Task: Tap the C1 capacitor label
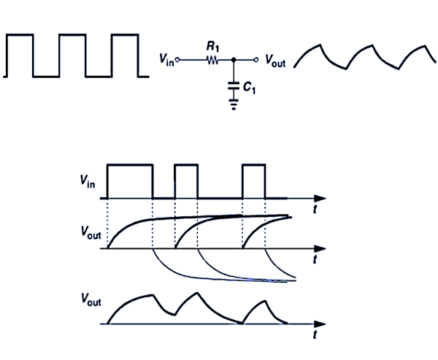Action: [x=249, y=88]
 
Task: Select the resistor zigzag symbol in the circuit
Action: [x=212, y=60]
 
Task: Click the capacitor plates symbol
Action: [x=233, y=85]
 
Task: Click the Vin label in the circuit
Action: [x=166, y=61]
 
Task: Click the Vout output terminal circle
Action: [x=257, y=60]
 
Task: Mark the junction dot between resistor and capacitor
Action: [x=233, y=60]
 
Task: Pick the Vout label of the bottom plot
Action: [x=91, y=300]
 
